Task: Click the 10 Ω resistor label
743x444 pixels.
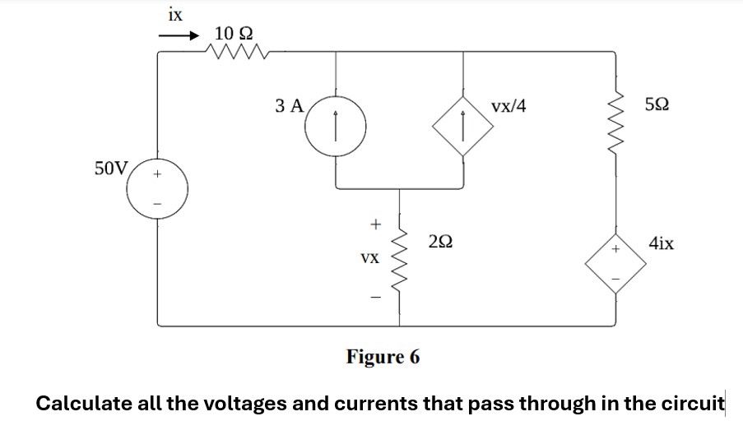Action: point(234,34)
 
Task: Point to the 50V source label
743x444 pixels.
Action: point(110,169)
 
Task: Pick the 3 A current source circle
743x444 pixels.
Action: point(335,128)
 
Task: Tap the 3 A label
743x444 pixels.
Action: point(290,105)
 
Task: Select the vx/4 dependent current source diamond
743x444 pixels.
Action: point(464,128)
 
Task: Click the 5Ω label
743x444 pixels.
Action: point(657,105)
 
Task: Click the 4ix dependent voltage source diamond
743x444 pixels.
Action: point(615,264)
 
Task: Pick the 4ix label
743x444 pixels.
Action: point(662,243)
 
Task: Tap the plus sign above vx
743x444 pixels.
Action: point(375,223)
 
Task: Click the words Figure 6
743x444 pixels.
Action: point(383,358)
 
